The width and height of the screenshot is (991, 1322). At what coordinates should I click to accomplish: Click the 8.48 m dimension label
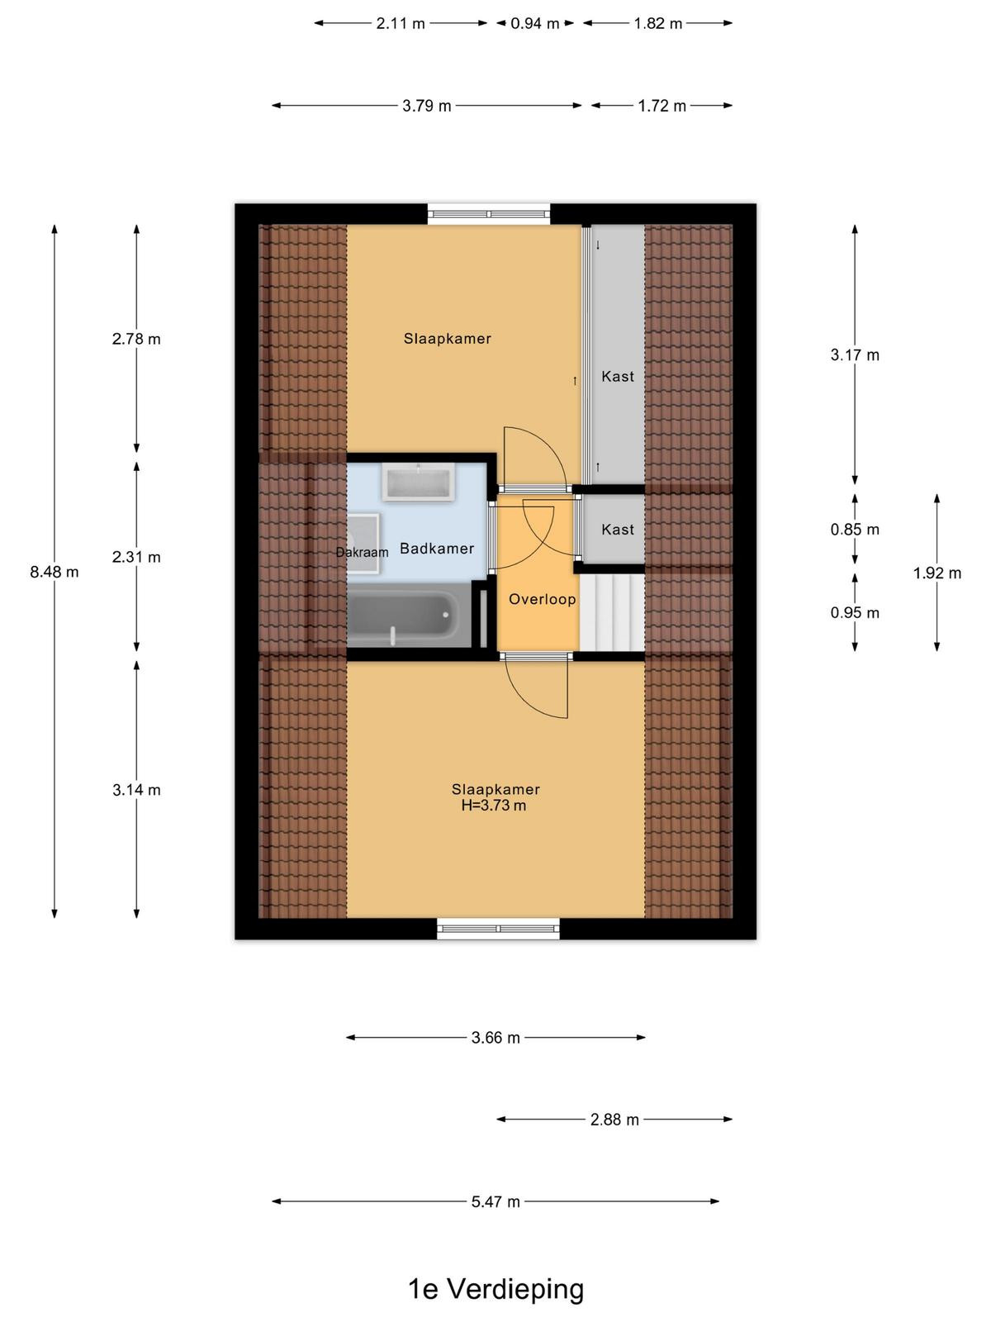point(55,572)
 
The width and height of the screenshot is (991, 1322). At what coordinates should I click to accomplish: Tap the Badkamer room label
point(437,548)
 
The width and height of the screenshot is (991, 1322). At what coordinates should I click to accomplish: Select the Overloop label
point(542,599)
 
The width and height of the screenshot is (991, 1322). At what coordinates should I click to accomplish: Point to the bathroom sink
point(418,482)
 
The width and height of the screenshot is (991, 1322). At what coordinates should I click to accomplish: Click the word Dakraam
point(362,552)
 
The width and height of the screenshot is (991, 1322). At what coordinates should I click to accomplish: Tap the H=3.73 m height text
point(493,806)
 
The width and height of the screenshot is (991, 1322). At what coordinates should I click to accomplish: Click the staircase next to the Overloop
point(611,612)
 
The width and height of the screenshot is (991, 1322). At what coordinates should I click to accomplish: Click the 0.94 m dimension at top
point(535,23)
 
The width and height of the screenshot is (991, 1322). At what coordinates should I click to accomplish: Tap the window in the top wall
point(489,214)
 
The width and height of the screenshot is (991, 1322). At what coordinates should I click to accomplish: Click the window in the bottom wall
point(498,928)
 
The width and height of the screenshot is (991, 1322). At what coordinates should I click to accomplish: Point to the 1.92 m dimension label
point(936,573)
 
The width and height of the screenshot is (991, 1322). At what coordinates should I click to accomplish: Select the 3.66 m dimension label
point(495,1038)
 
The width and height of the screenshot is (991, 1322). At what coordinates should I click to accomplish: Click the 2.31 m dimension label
point(136,557)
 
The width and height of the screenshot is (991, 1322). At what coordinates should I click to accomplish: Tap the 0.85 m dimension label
point(855,530)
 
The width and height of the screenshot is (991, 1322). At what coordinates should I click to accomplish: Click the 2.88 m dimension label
point(614,1120)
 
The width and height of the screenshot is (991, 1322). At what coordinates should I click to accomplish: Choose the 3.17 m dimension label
point(855,354)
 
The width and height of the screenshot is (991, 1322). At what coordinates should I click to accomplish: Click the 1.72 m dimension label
point(661,106)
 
